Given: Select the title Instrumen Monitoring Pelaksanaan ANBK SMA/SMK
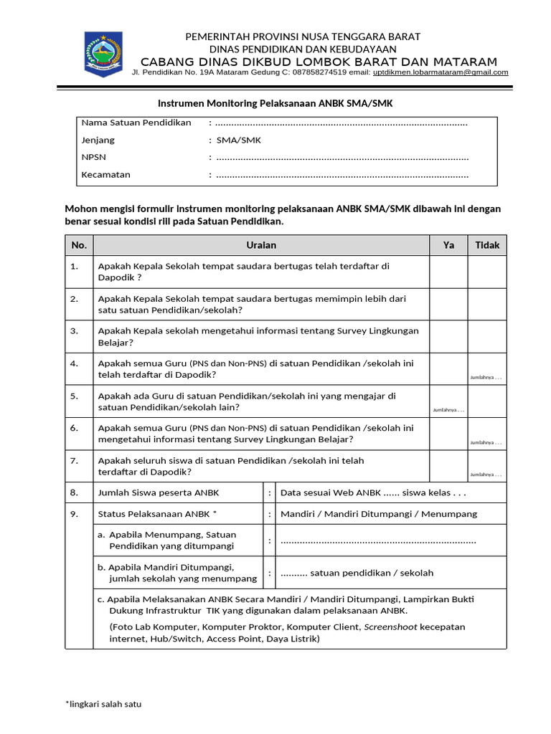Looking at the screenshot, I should (x=275, y=103).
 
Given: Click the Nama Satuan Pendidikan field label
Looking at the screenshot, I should (x=136, y=123).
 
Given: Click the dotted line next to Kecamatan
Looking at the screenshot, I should (x=342, y=175).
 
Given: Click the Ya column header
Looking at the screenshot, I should (x=448, y=245).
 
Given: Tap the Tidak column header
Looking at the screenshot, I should (x=487, y=245).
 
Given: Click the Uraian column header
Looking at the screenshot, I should (x=261, y=245).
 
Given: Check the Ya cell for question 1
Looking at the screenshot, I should (x=448, y=272).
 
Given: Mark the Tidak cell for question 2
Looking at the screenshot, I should (x=487, y=304).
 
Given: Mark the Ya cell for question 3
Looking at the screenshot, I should (x=448, y=336).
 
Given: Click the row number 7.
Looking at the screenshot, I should (x=75, y=461).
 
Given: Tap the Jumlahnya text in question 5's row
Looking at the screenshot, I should (x=448, y=410).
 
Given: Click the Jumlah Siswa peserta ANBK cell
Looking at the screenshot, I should (x=159, y=493).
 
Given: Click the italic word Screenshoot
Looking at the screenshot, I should (x=390, y=626).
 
